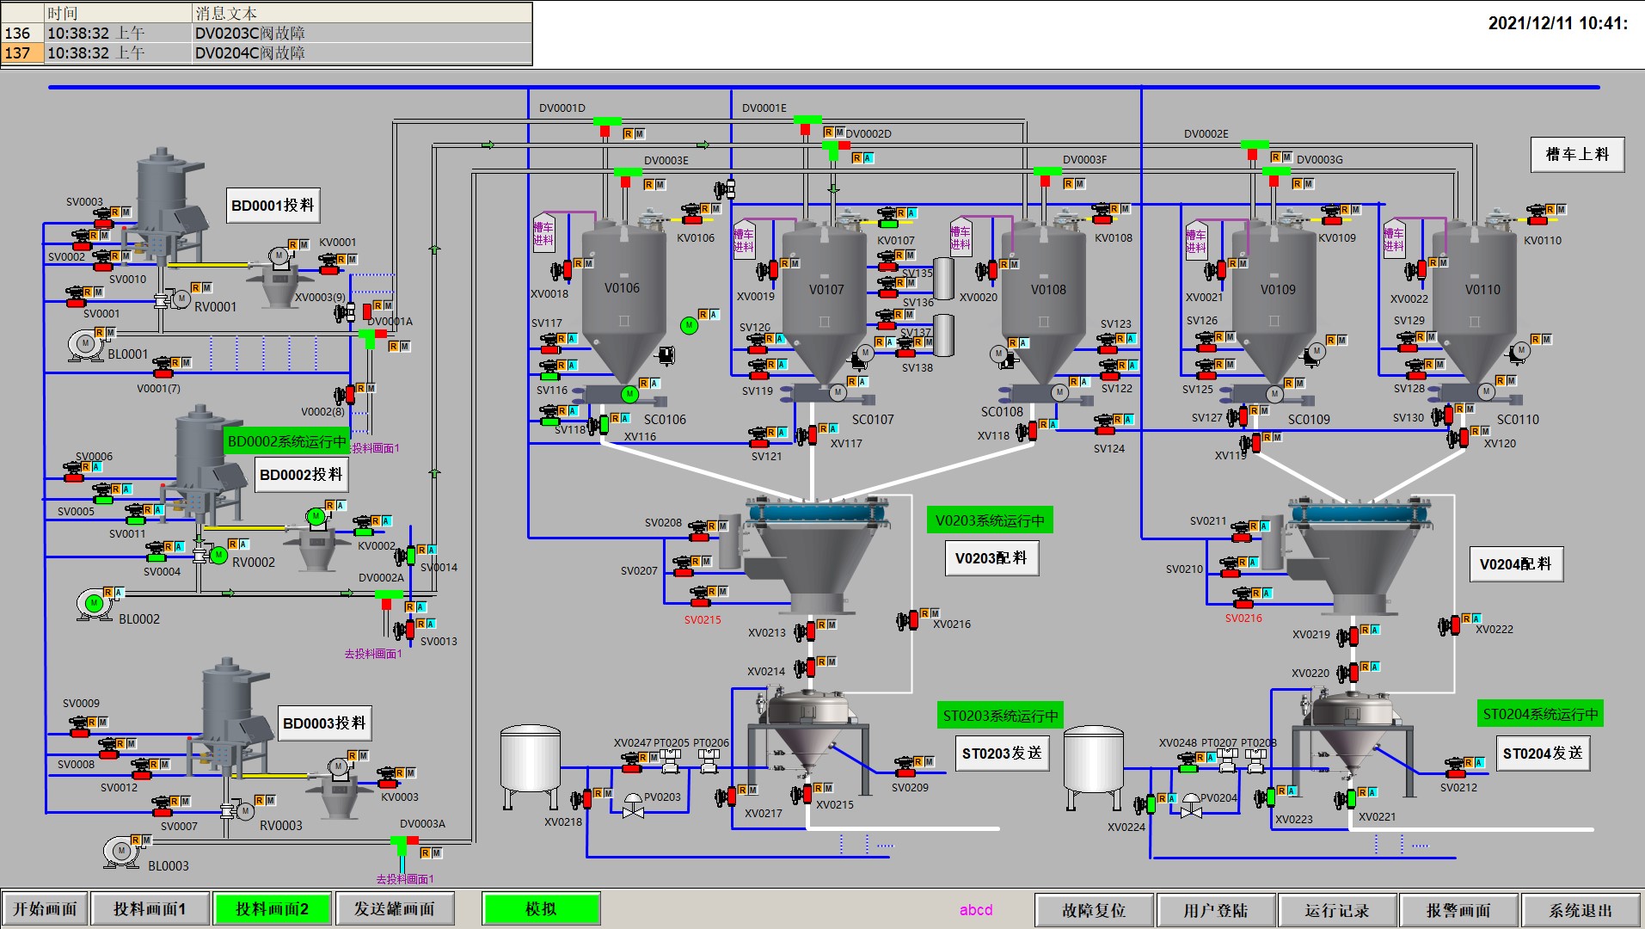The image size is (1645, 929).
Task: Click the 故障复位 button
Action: (x=1094, y=910)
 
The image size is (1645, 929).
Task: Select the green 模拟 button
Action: (x=541, y=909)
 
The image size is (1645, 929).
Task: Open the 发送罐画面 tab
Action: (x=395, y=909)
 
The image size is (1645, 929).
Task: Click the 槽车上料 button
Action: (x=1577, y=155)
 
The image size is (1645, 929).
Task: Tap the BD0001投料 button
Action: (x=273, y=206)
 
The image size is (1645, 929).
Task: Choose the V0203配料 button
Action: (x=991, y=558)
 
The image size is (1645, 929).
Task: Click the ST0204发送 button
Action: (x=1543, y=754)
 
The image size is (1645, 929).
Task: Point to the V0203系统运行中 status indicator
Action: (x=990, y=520)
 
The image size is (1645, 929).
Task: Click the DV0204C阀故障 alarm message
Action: (x=250, y=53)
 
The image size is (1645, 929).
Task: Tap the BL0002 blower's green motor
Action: (x=94, y=604)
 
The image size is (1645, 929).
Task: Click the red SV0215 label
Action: (x=703, y=619)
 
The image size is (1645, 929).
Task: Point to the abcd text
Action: (x=976, y=910)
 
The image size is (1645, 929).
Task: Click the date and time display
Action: (x=1557, y=23)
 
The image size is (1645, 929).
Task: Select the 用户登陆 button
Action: (x=1215, y=910)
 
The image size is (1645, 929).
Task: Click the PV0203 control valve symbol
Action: (x=633, y=805)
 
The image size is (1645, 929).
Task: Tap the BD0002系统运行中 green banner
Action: (x=286, y=441)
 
